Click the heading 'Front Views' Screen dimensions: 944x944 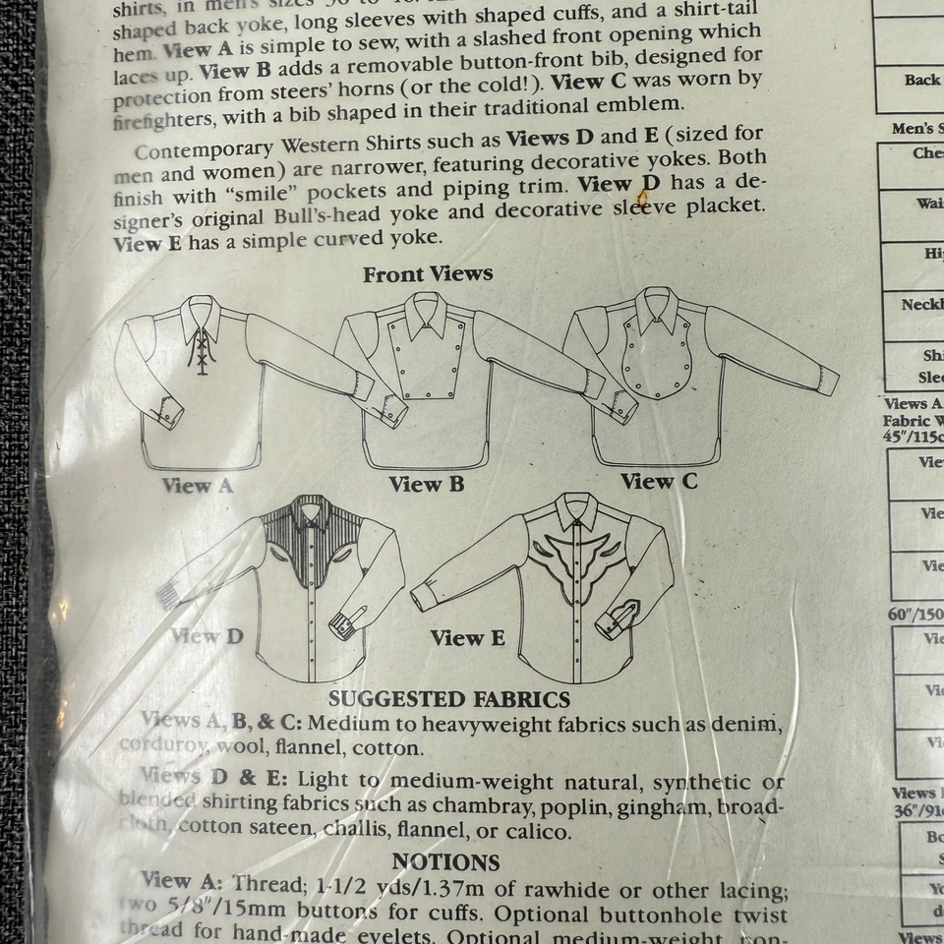point(428,274)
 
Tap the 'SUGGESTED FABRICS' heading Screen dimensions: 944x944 point(449,700)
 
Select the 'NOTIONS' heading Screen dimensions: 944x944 point(446,861)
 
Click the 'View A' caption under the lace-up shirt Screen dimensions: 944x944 point(199,485)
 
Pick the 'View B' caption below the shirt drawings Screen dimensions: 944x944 point(427,484)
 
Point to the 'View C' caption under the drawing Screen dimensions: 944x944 point(659,481)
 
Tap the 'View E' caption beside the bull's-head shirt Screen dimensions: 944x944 point(467,638)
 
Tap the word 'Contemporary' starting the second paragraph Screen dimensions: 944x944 point(203,151)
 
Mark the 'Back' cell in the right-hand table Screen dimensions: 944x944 point(921,80)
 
